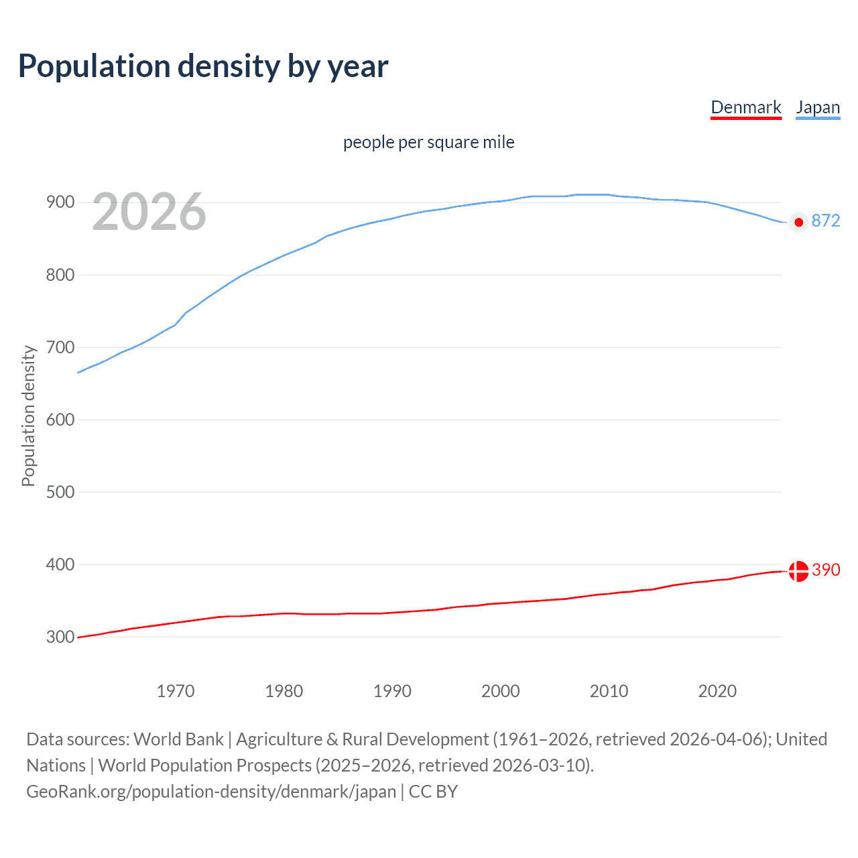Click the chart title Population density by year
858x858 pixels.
(203, 66)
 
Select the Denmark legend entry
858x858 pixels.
(746, 107)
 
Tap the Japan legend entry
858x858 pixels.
(818, 107)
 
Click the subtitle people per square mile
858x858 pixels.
(429, 142)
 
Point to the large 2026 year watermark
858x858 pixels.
(149, 212)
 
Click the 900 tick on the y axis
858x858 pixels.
(60, 202)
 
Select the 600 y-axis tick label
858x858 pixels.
(60, 420)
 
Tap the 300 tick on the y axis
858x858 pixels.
(60, 637)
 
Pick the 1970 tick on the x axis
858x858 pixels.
(176, 691)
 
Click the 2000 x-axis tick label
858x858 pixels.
(501, 691)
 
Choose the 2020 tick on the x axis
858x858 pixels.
(717, 691)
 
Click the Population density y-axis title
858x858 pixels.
(28, 416)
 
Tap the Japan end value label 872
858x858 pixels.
(826, 221)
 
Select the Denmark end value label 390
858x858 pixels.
(826, 570)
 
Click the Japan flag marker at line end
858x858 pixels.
(798, 222)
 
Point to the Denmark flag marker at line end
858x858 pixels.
(798, 571)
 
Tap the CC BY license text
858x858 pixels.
(433, 792)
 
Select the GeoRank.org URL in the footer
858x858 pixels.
(211, 792)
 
